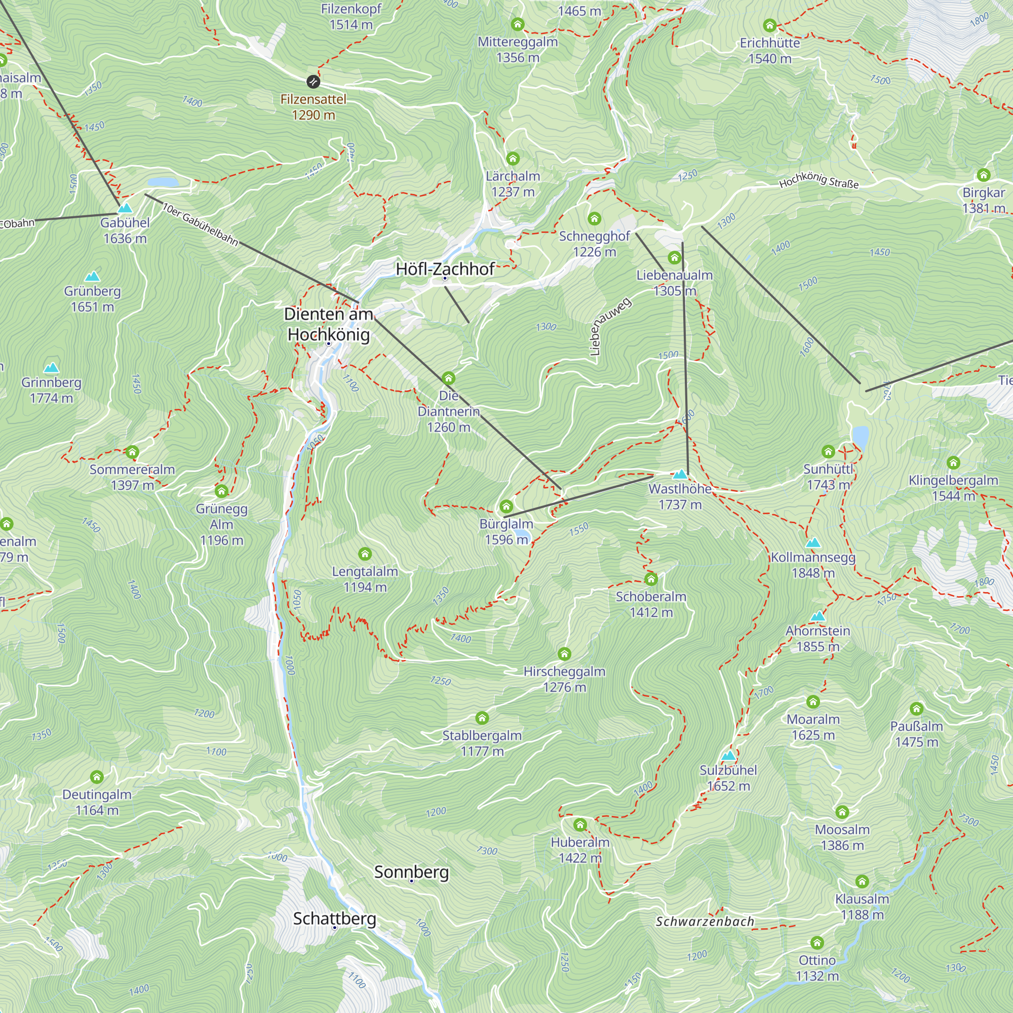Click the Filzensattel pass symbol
(313, 81)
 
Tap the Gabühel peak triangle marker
(125, 208)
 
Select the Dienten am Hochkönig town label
(328, 324)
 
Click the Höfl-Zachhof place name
(445, 269)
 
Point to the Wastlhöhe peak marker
(680, 475)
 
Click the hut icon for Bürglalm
(506, 506)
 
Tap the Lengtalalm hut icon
(365, 554)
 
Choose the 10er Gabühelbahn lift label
(200, 224)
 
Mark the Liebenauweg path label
(610, 326)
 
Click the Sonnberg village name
(411, 872)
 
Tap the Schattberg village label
(334, 918)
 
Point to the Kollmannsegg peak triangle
(813, 542)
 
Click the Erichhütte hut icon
(770, 25)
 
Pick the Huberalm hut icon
(580, 825)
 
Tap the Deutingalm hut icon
(96, 777)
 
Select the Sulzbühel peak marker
(728, 756)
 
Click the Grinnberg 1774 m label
(51, 390)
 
